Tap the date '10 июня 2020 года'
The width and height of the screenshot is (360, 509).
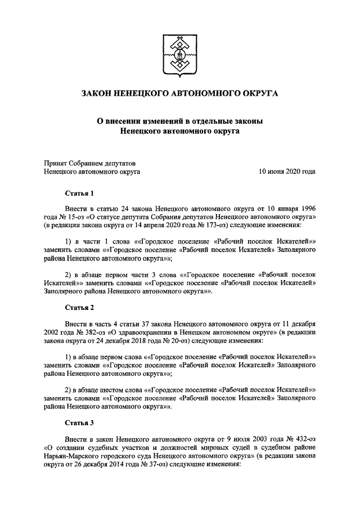coord(287,172)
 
